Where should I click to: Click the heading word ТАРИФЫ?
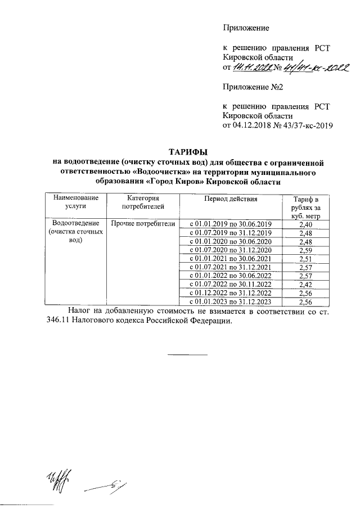point(188,151)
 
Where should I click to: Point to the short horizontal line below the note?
point(188,354)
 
